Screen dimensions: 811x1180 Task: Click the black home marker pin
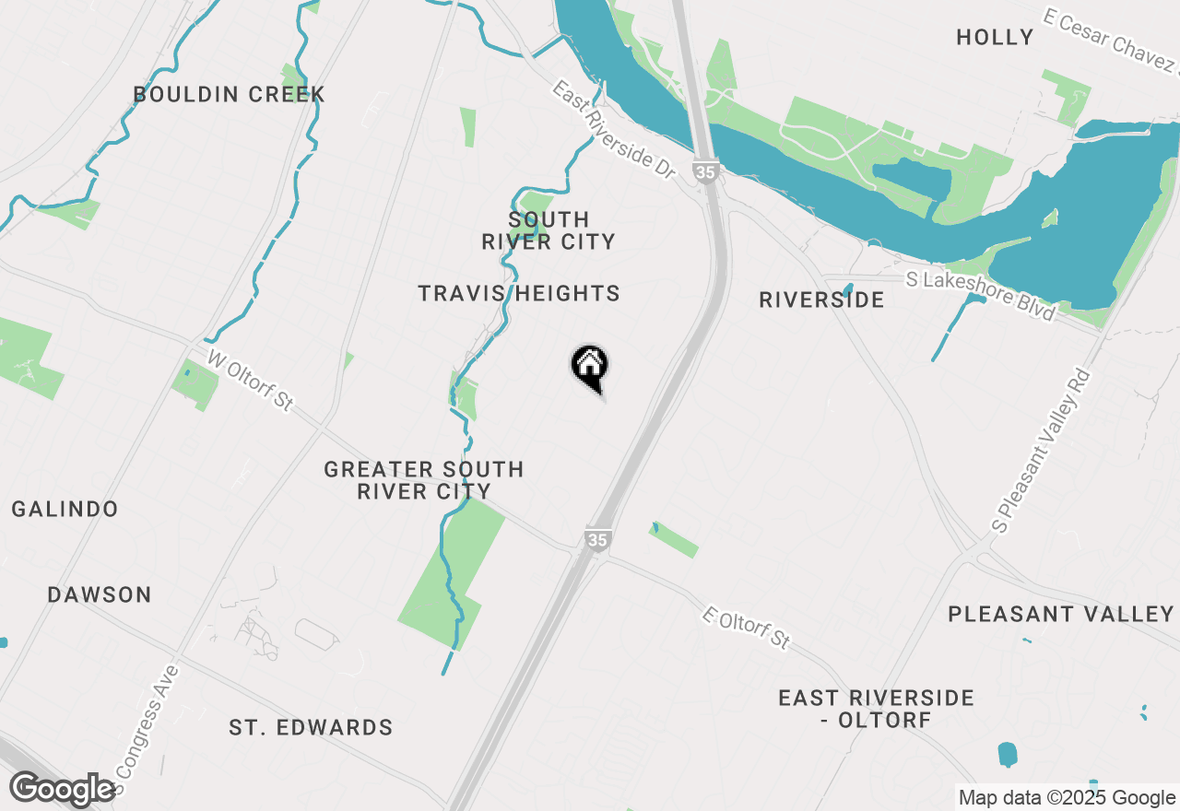pos(589,368)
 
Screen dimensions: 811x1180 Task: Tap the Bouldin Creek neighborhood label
pos(229,94)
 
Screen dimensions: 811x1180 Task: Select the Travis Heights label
pos(518,293)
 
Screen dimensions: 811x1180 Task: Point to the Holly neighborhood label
pos(995,37)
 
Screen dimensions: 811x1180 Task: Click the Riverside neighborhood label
pos(821,300)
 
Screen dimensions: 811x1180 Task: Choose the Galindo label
pos(65,509)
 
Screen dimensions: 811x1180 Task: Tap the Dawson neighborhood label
pos(100,594)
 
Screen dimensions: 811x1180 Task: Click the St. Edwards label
pos(311,727)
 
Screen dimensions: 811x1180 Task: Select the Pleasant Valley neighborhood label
pos(1061,614)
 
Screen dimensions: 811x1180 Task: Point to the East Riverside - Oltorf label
pos(876,708)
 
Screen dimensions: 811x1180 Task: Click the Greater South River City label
pos(424,480)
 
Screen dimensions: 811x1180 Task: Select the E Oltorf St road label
pos(747,628)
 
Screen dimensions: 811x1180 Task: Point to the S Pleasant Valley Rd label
pos(1042,451)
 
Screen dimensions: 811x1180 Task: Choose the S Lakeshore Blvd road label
pos(980,294)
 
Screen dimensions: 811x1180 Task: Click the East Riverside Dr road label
pos(614,129)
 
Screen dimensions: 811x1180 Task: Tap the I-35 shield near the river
pos(705,172)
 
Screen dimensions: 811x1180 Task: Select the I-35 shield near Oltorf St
pos(596,539)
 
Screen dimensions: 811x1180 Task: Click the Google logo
pos(62,789)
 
